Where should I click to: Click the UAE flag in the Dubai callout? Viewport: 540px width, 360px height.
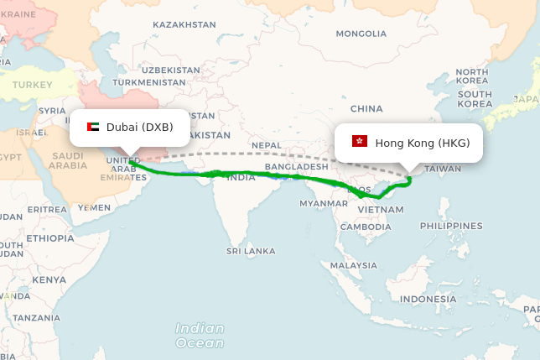pos(93,128)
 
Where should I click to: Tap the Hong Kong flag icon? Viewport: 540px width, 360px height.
pos(360,142)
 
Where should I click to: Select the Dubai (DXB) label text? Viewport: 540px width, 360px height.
pos(139,128)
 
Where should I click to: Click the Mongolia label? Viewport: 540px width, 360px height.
pos(361,34)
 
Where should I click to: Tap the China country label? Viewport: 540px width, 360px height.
pos(366,109)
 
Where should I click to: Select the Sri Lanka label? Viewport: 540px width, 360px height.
pos(251,251)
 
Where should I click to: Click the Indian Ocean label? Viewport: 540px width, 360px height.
pos(200,336)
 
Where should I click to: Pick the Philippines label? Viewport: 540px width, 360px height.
pos(452,226)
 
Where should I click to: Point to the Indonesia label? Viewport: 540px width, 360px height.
pos(428,299)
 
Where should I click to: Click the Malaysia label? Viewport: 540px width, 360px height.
pos(353,265)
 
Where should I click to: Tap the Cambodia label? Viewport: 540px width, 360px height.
pos(366,227)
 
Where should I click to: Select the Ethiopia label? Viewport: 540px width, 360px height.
pos(50,237)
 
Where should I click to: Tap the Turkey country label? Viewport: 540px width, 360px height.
pos(33,85)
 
